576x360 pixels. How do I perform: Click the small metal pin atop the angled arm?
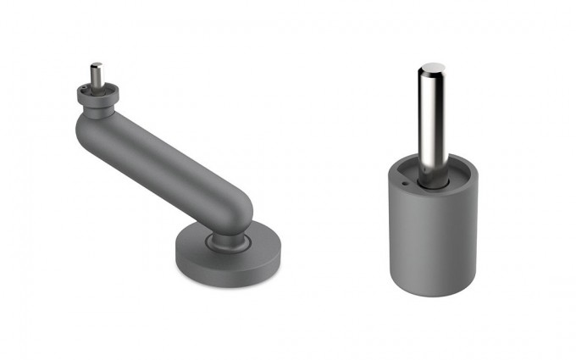tap(96, 74)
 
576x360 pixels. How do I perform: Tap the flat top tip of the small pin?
tap(96, 64)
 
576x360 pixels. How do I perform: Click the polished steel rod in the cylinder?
tap(433, 119)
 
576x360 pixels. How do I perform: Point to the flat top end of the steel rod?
tap(433, 65)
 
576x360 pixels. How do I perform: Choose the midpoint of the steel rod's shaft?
tap(433, 119)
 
